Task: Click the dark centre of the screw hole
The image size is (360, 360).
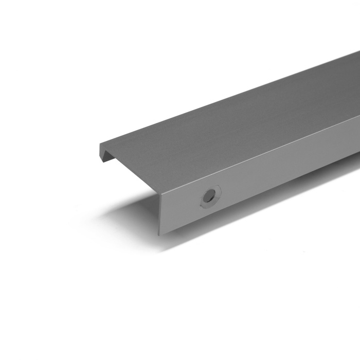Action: point(209,195)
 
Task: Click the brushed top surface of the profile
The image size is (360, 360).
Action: point(231,129)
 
